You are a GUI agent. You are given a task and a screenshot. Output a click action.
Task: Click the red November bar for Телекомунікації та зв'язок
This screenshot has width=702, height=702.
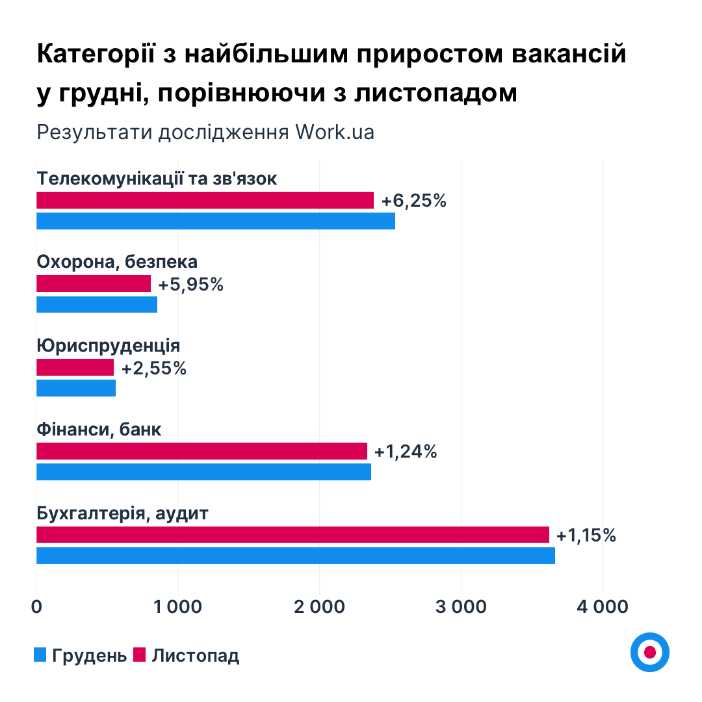[205, 200]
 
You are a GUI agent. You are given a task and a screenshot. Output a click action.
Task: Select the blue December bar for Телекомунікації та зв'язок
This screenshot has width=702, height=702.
[215, 221]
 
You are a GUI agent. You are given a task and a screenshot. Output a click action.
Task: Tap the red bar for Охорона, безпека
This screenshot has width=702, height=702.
[94, 283]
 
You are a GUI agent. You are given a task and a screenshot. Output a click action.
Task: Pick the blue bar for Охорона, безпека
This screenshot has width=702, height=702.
[97, 304]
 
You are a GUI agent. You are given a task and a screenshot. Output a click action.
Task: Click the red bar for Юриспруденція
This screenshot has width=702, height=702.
[75, 367]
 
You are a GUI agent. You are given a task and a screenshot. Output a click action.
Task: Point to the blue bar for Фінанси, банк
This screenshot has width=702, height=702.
[203, 472]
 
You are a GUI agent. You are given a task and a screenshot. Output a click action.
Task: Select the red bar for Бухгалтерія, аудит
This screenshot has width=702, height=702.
[292, 534]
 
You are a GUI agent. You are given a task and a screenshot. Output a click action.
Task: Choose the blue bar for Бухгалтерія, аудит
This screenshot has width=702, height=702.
[296, 556]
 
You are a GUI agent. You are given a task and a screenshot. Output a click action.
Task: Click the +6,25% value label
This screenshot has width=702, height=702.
[414, 201]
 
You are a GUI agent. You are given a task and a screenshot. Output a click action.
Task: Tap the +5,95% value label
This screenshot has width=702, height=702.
[191, 284]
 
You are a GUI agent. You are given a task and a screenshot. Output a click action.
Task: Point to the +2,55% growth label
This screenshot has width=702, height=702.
[154, 368]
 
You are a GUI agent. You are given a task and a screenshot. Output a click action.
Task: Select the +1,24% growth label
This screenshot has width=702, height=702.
[406, 451]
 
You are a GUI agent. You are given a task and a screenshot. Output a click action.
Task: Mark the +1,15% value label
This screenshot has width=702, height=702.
[586, 535]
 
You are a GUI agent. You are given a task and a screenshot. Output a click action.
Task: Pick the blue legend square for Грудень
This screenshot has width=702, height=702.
[40, 655]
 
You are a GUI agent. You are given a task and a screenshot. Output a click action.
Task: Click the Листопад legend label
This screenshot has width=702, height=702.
[196, 655]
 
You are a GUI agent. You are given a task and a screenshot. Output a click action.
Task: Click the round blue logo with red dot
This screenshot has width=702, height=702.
[649, 652]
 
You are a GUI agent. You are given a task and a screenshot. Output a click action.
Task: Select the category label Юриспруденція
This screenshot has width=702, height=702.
[109, 345]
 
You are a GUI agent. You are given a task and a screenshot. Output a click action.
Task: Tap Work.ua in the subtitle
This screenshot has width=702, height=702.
[335, 132]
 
